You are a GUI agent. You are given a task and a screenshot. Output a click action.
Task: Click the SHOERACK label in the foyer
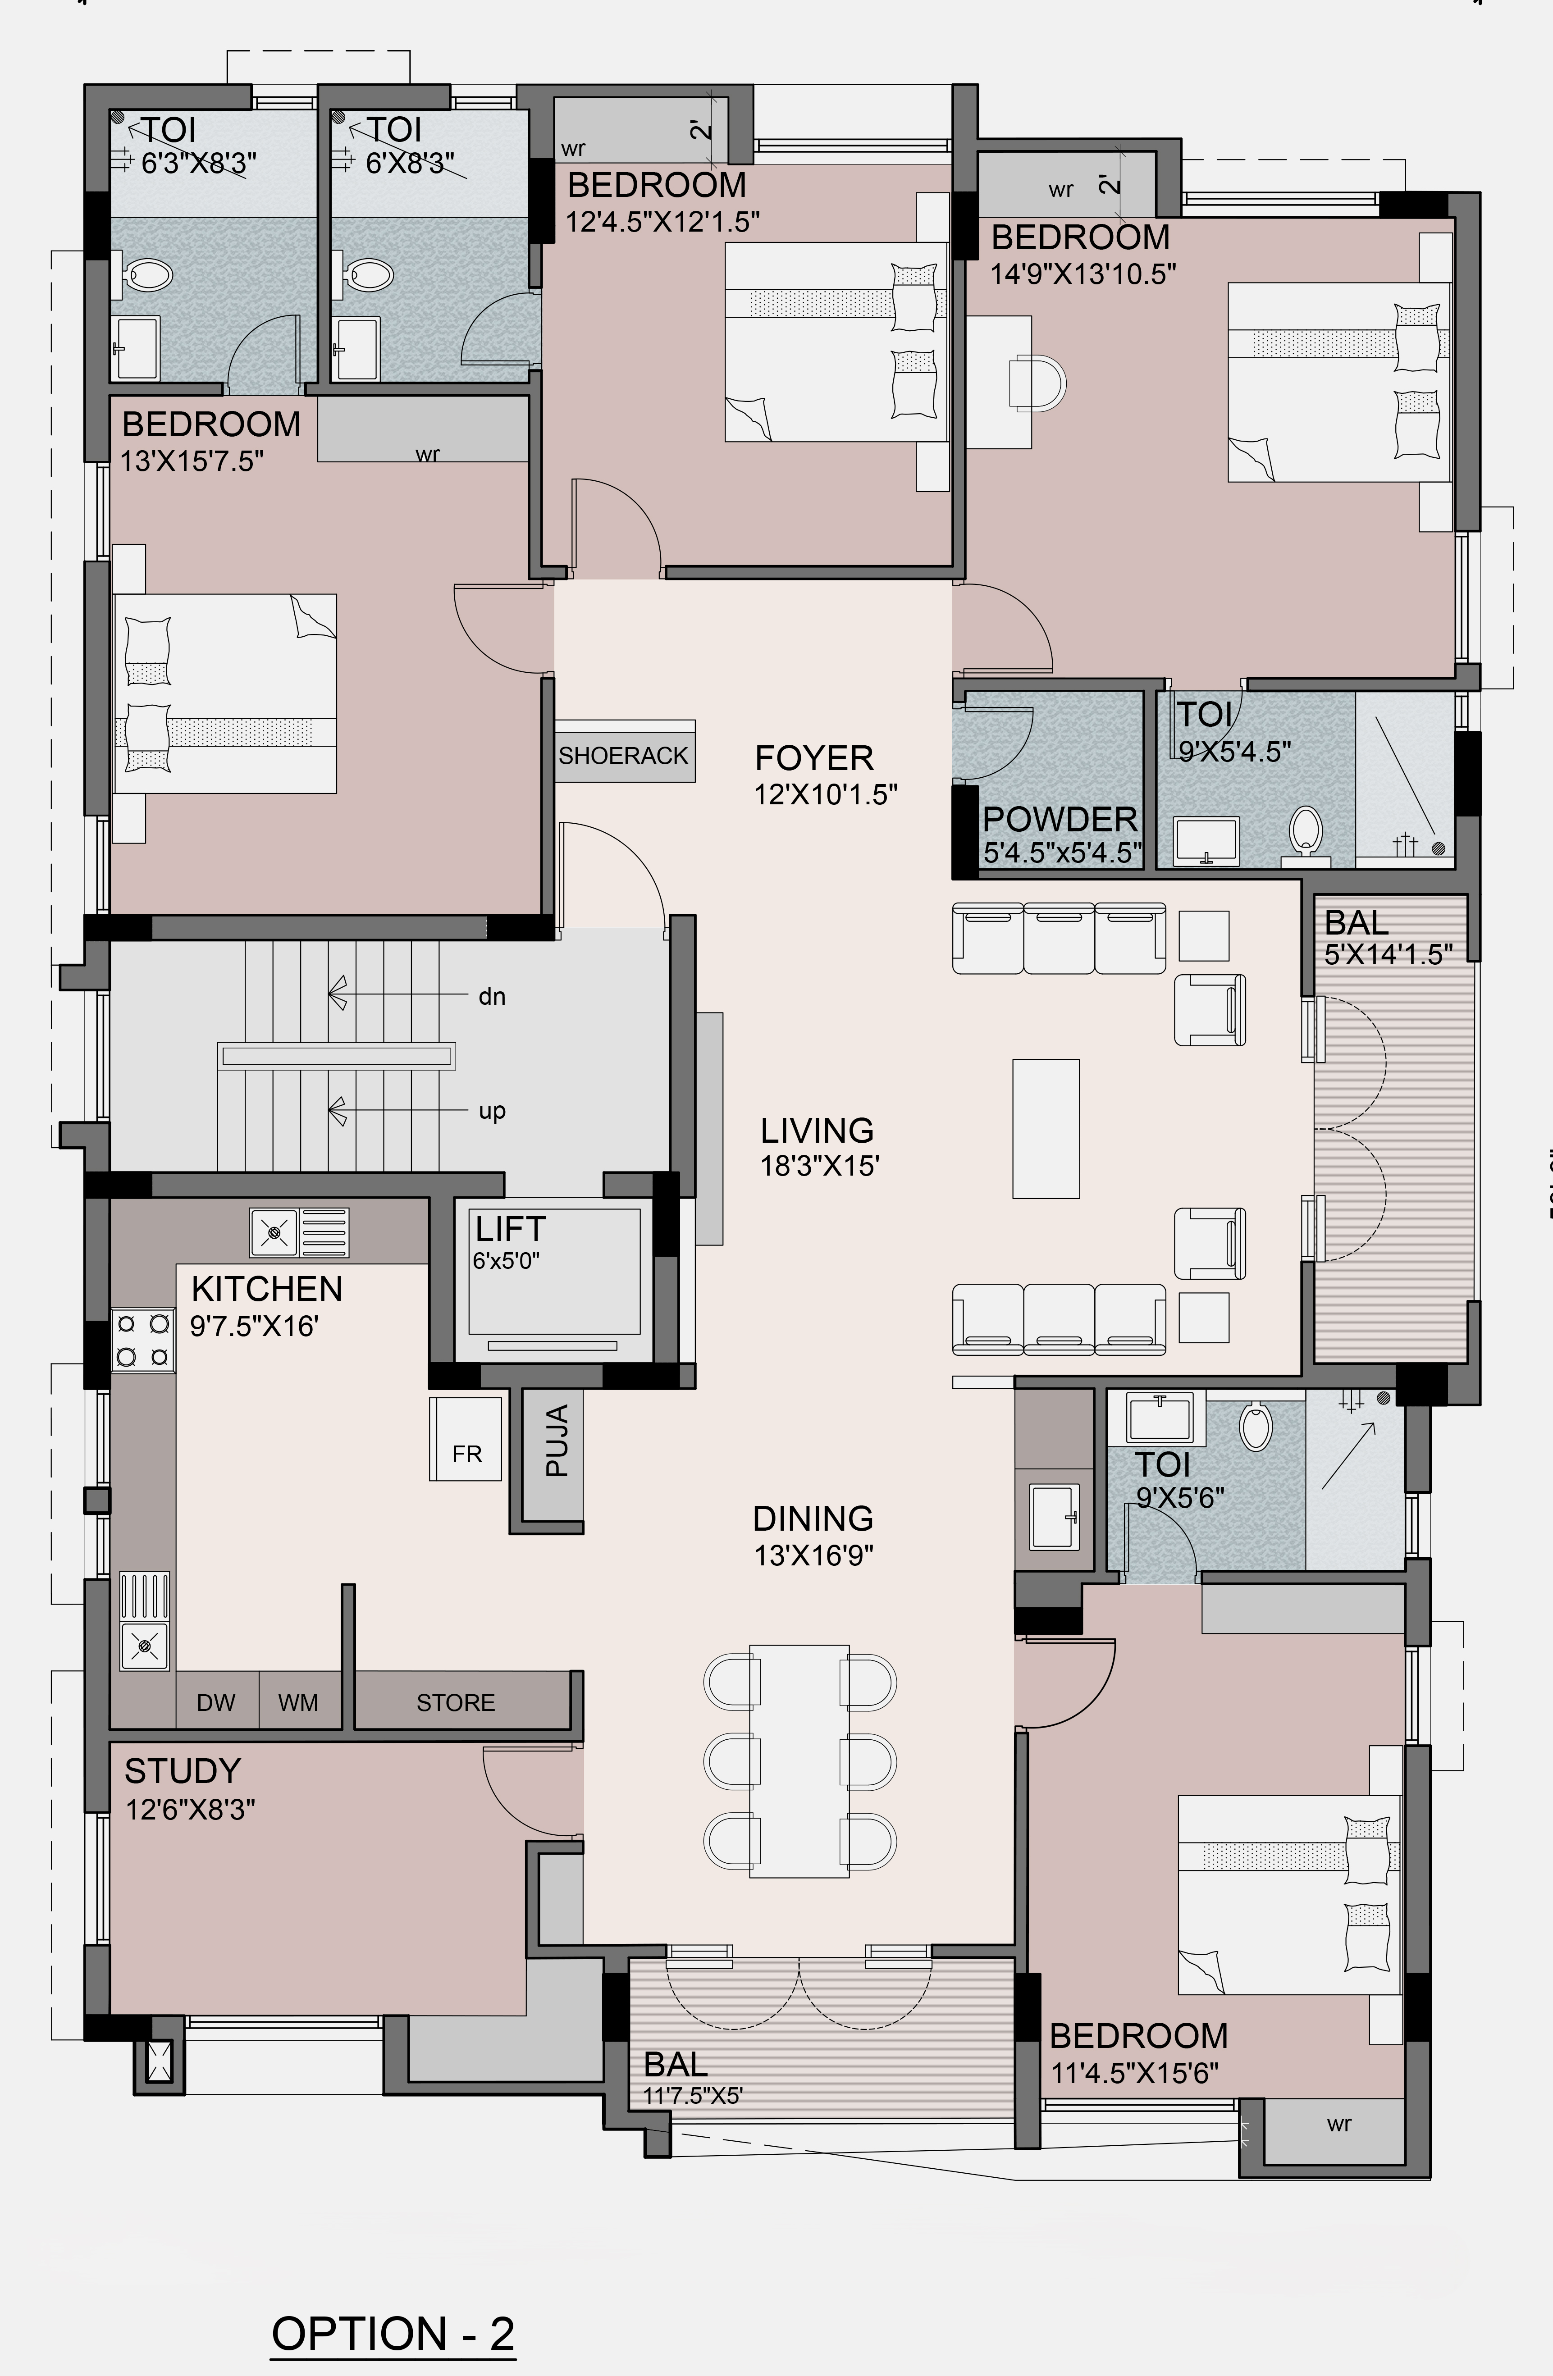click(623, 756)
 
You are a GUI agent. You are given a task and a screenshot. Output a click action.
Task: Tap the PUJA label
click(557, 1441)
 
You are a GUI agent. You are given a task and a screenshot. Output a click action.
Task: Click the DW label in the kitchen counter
click(216, 1702)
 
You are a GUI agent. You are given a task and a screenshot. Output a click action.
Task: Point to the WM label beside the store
click(297, 1702)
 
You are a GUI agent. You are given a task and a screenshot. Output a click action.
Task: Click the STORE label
click(456, 1702)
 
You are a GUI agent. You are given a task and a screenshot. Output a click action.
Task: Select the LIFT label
click(510, 1228)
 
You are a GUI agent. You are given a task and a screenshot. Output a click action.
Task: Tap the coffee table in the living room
click(1046, 1128)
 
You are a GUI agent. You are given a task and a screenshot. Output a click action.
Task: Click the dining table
click(800, 1761)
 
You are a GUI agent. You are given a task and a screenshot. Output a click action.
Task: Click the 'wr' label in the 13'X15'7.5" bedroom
click(427, 454)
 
